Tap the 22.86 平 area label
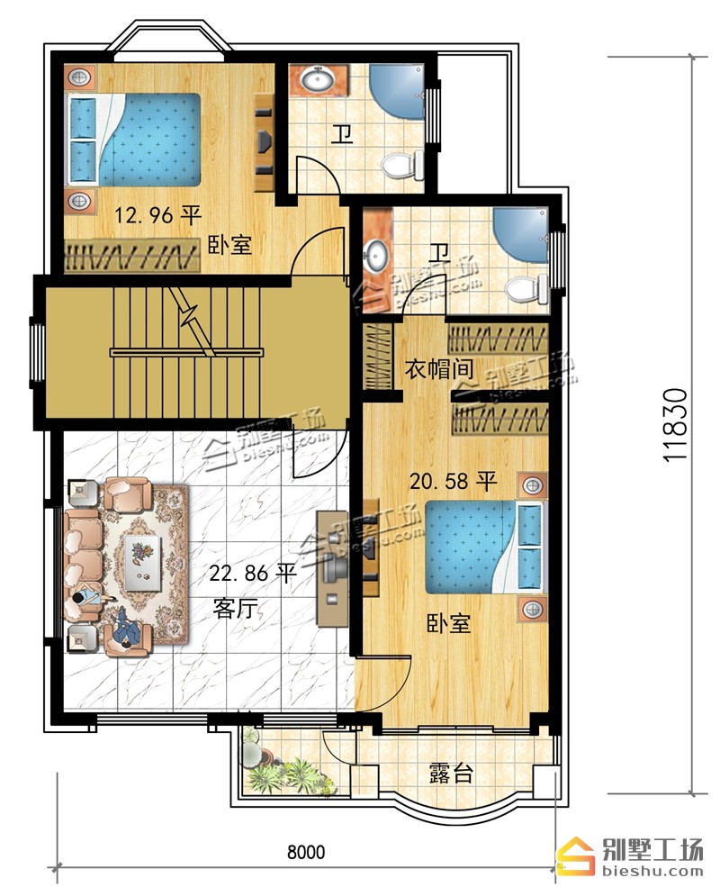coord(252,572)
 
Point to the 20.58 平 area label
coord(453,481)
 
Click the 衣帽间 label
coord(439,369)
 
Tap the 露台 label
coord(451,774)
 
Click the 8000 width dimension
coord(306,852)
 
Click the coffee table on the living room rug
coord(142,562)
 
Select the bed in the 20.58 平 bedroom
coord(483,547)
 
